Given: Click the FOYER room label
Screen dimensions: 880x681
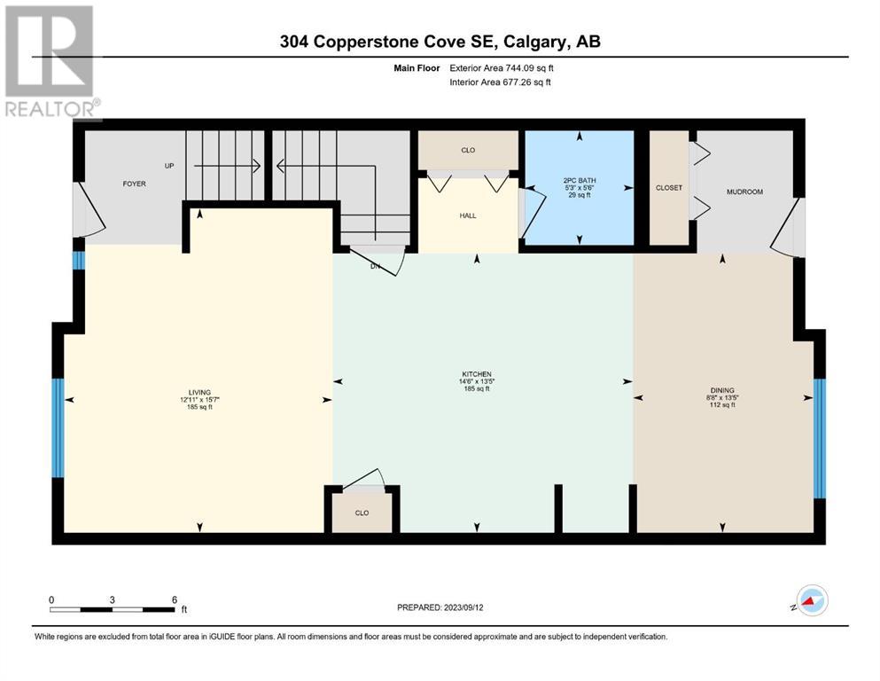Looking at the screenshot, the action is [134, 184].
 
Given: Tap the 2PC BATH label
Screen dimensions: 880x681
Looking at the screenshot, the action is [580, 181].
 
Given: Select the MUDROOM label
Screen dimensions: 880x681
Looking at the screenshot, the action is [744, 192].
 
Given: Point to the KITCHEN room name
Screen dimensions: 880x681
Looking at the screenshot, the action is [477, 374].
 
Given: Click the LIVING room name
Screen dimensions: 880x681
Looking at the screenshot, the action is [199, 393].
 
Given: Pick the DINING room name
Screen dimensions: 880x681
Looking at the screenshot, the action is [722, 390].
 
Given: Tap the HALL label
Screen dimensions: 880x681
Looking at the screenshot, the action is [468, 215].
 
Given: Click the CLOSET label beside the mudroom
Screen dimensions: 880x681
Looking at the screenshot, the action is [669, 187].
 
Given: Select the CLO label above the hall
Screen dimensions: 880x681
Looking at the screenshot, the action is [468, 150].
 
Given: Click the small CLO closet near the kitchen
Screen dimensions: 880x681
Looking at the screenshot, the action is [362, 513].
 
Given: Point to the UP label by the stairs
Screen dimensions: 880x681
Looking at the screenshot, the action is [169, 166].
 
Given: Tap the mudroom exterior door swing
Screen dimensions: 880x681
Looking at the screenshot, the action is [787, 228].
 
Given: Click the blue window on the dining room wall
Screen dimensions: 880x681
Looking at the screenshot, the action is [820, 438].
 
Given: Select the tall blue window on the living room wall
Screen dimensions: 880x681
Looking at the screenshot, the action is [58, 427].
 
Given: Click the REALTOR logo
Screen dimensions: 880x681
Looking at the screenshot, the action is [51, 62].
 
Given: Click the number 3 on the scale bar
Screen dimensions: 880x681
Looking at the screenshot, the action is [113, 599].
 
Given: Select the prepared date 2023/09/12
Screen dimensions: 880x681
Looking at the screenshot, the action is [463, 607].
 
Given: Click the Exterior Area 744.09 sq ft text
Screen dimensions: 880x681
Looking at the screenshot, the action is [502, 68].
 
